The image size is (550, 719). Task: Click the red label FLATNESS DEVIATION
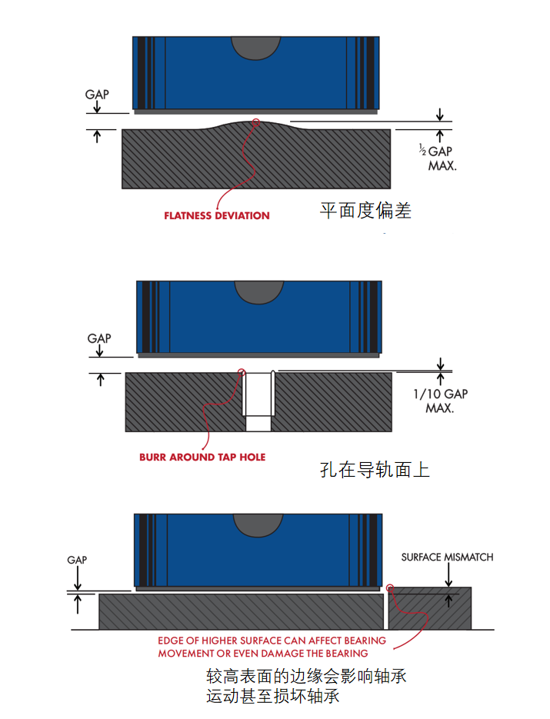[x=216, y=215]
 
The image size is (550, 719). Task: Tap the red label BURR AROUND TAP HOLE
[x=202, y=458]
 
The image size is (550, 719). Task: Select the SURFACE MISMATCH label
[x=447, y=558]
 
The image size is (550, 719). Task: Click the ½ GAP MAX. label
[x=438, y=158]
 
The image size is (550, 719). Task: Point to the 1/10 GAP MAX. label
[x=440, y=401]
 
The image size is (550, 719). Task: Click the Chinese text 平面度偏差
[x=365, y=211]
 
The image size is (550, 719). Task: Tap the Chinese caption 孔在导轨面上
[x=375, y=470]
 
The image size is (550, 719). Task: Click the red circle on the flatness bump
[x=256, y=122]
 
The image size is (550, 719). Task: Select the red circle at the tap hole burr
[x=242, y=372]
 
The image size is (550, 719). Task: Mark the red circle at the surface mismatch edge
[x=390, y=588]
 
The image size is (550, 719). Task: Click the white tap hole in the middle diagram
[x=258, y=401]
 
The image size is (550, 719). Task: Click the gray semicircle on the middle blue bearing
[x=259, y=292]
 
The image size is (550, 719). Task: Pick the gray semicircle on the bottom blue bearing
[x=258, y=525]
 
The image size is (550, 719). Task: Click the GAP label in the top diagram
[x=97, y=95]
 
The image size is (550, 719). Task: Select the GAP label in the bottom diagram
[x=77, y=560]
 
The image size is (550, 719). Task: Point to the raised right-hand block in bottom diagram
[x=430, y=608]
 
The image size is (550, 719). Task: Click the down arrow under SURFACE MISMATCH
[x=448, y=574]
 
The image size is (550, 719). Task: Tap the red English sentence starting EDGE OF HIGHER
[x=272, y=647]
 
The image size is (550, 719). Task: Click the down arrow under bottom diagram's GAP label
[x=78, y=578]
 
